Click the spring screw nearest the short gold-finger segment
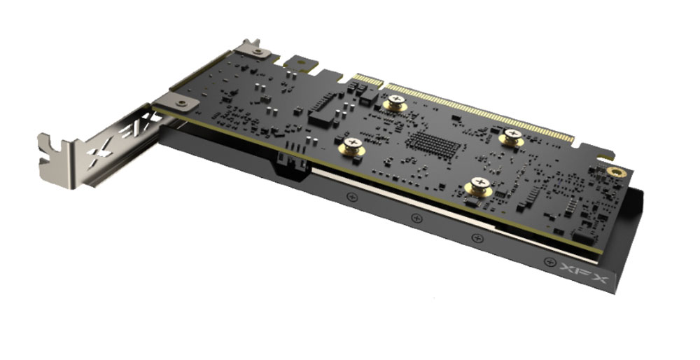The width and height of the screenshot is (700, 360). [x=395, y=103]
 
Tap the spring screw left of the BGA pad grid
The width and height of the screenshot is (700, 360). [x=352, y=146]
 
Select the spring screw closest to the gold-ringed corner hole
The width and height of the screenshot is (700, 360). [x=512, y=137]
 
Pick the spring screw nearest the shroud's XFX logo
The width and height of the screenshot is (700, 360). [x=479, y=186]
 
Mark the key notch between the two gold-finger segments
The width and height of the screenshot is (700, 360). [x=385, y=83]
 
